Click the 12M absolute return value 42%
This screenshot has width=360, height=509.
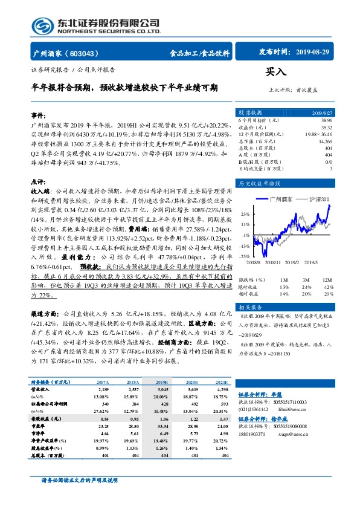coord(329,287)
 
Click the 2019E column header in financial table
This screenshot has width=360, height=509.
coord(163,383)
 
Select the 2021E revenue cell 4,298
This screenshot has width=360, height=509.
coord(222,391)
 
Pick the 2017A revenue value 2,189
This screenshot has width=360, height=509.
coord(102,391)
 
